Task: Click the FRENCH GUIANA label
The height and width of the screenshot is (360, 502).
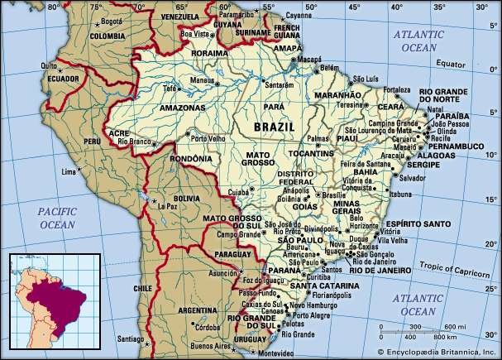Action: tap(286, 32)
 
